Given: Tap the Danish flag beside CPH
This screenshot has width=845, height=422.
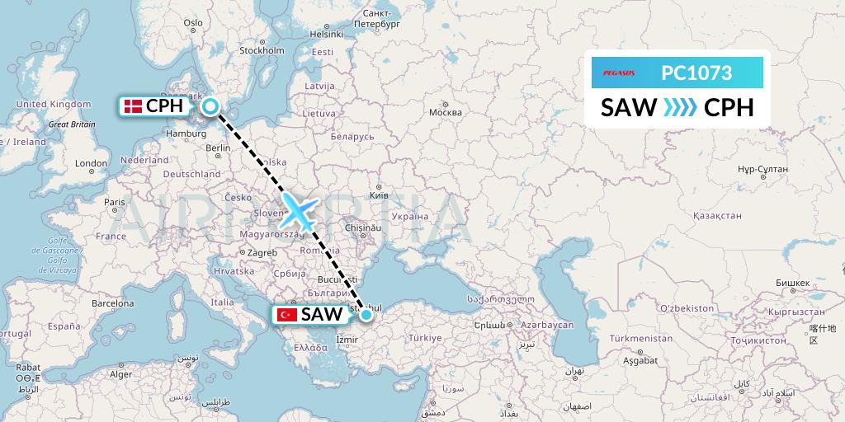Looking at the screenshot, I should (131, 105).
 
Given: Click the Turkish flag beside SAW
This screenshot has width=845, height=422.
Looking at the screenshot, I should (287, 314).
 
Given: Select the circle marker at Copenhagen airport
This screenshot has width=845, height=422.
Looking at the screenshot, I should (210, 105).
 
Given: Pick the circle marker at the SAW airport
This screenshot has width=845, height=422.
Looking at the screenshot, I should (366, 314).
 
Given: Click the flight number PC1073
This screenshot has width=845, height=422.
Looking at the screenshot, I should (696, 73).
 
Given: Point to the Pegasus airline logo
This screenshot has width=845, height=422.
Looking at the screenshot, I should (618, 73).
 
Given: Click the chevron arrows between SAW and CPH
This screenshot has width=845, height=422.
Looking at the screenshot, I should (680, 107).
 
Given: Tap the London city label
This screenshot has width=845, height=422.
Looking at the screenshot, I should (92, 163).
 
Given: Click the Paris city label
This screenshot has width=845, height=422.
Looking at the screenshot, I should (114, 202).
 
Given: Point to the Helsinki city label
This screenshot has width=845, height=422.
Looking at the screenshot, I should (326, 34).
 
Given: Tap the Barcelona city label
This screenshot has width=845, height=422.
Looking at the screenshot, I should (113, 302).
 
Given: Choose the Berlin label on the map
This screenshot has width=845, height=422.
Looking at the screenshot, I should (218, 148).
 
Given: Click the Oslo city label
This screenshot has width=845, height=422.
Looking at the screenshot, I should (192, 23).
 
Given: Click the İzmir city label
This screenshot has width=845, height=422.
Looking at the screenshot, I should (347, 337).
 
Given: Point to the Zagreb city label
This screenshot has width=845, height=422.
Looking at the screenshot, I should (262, 252).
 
